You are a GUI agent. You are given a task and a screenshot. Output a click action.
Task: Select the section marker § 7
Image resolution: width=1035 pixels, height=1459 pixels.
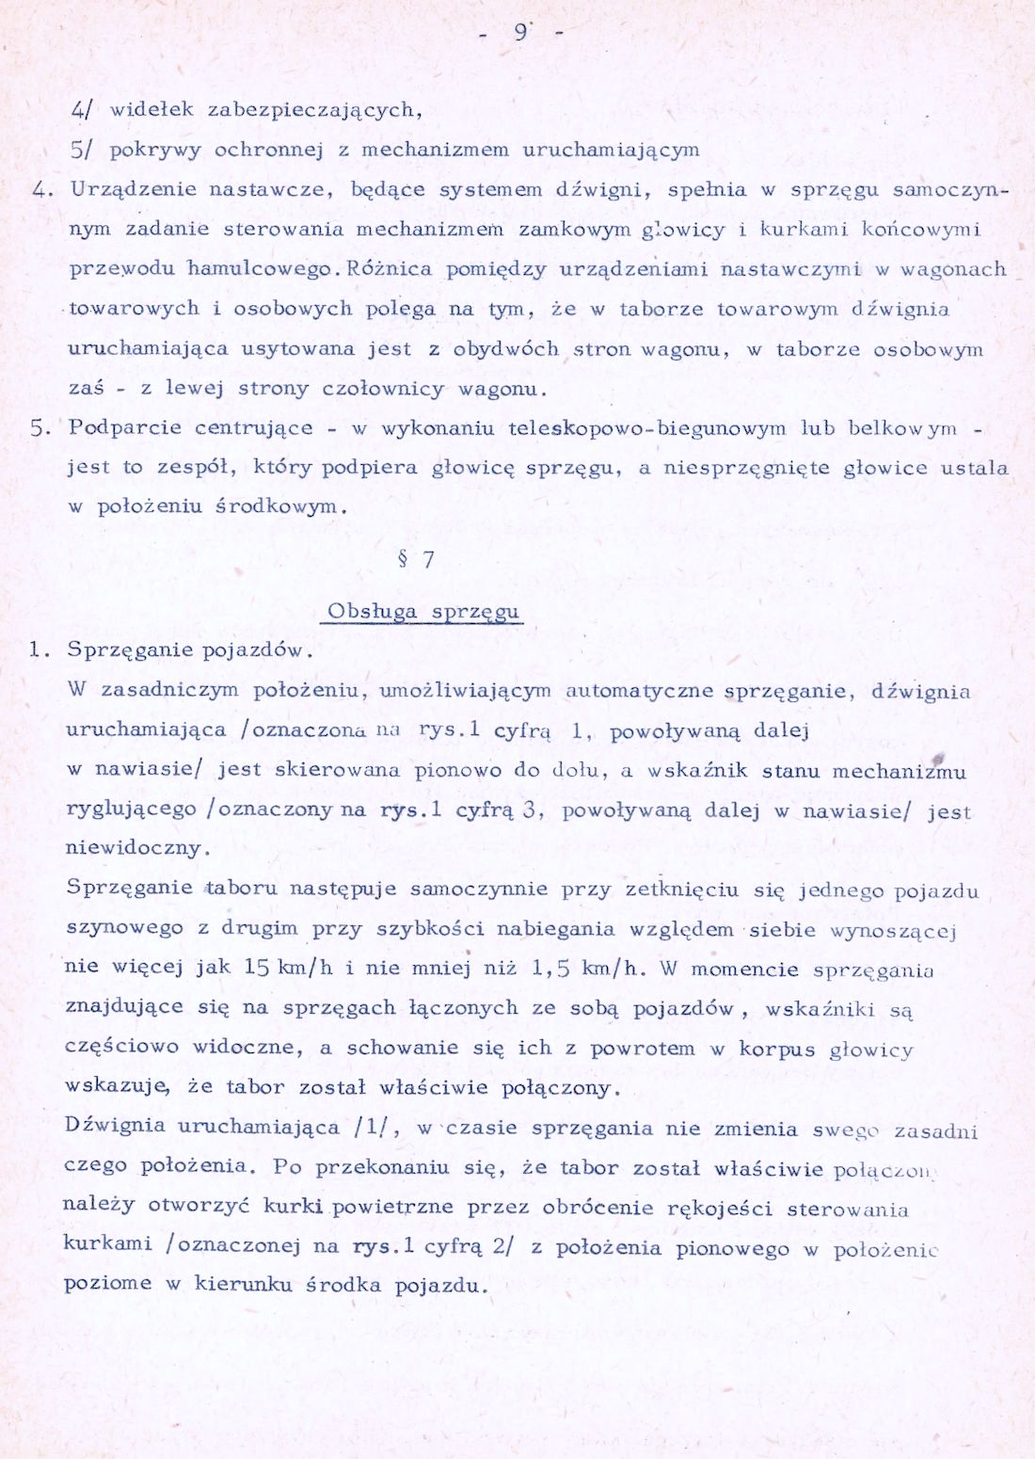(x=417, y=560)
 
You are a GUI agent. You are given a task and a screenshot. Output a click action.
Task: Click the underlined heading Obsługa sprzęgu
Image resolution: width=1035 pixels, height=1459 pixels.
(x=423, y=612)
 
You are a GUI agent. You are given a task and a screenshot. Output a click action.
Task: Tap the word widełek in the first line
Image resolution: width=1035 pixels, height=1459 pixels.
(x=151, y=109)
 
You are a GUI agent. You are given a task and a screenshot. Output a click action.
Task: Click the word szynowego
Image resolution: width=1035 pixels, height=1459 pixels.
(x=124, y=927)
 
